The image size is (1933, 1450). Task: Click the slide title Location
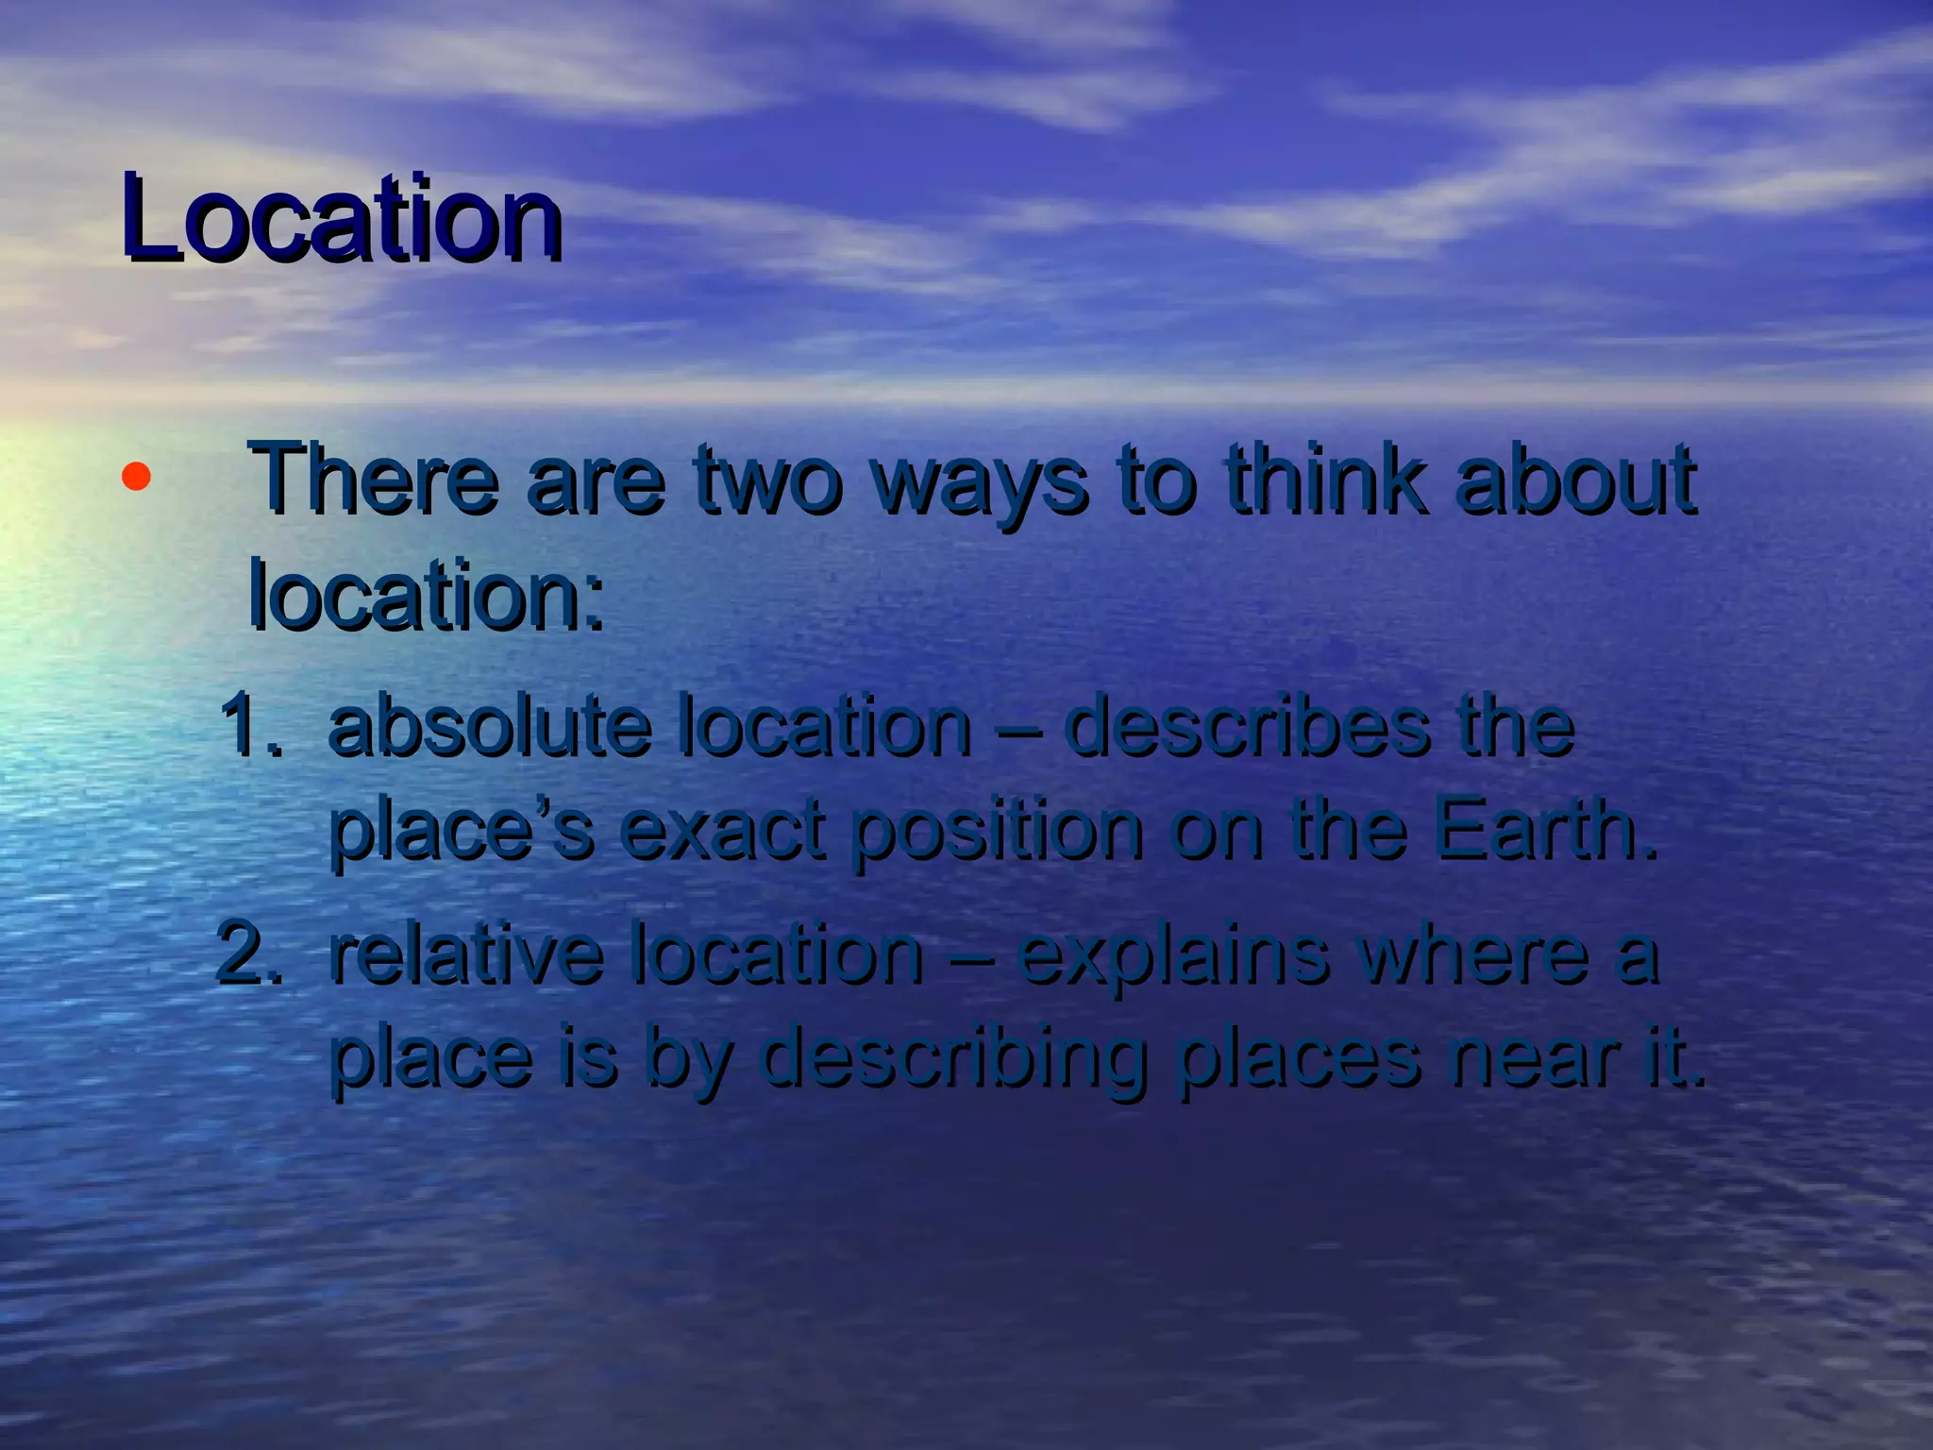pyautogui.click(x=342, y=219)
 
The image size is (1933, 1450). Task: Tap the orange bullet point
pyautogui.click(x=136, y=478)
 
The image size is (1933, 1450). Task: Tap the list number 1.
pyautogui.click(x=249, y=727)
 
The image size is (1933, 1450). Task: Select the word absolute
pyautogui.click(x=491, y=727)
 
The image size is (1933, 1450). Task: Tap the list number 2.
pyautogui.click(x=249, y=953)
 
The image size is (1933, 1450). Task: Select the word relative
pyautogui.click(x=466, y=953)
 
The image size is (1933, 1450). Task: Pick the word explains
pyautogui.click(x=1174, y=955)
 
